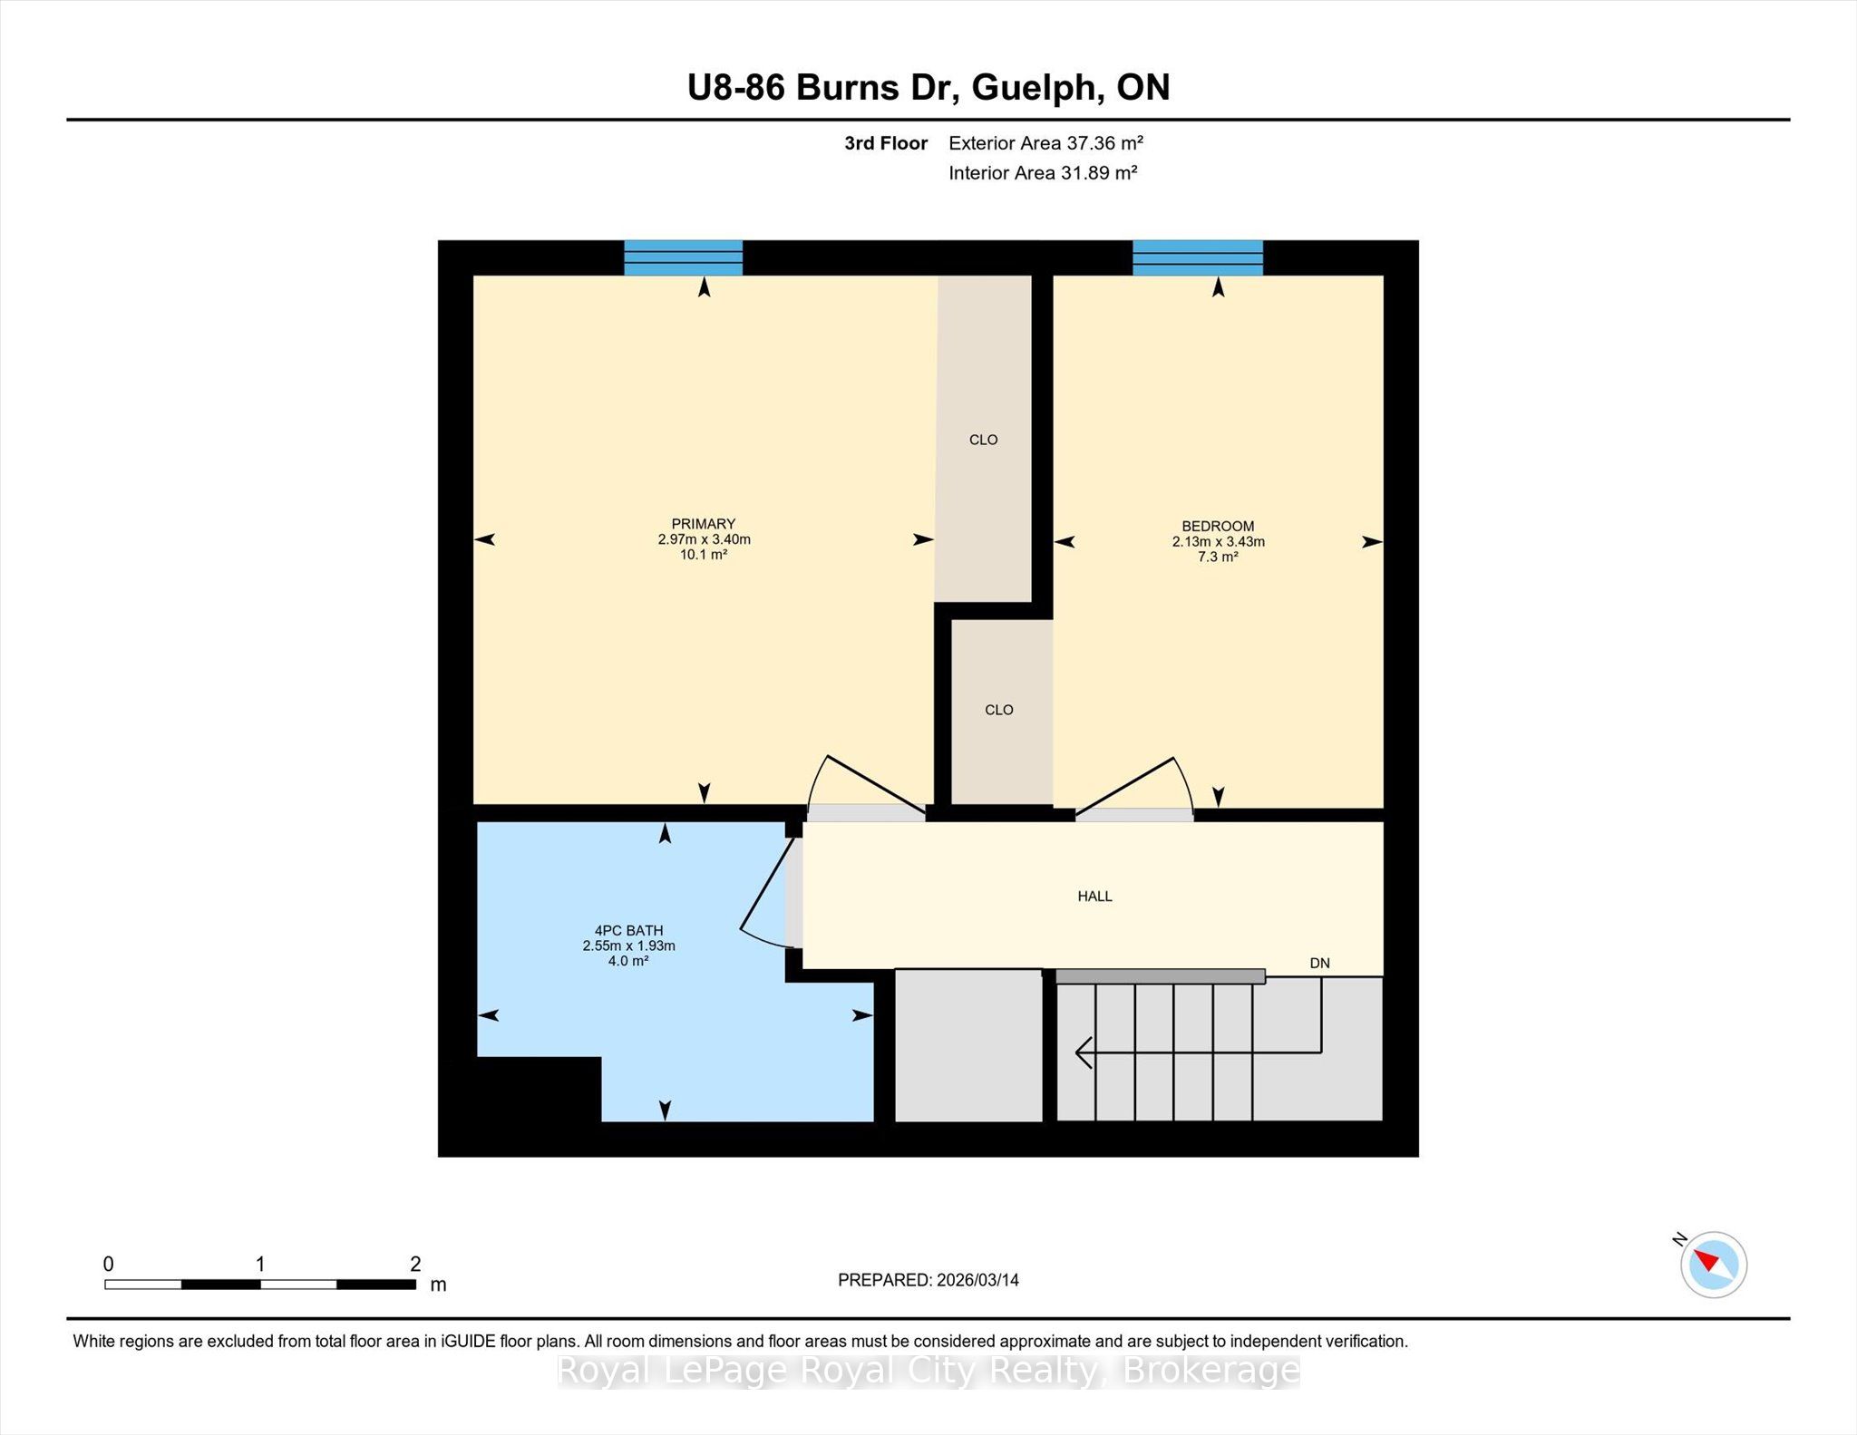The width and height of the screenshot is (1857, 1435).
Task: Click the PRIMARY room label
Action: pyautogui.click(x=703, y=524)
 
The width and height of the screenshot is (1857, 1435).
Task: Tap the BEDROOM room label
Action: pyautogui.click(x=1218, y=527)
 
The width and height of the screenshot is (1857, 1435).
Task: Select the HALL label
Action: pyautogui.click(x=1094, y=897)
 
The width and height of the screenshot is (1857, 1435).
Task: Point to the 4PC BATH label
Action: pyautogui.click(x=628, y=931)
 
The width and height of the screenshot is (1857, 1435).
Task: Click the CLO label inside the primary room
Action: pyautogui.click(x=983, y=440)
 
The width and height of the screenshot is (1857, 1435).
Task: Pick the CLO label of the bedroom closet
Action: pyautogui.click(x=998, y=710)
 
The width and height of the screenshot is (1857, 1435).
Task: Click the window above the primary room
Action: pyautogui.click(x=684, y=257)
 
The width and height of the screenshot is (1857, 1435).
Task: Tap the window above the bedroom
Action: pyautogui.click(x=1198, y=257)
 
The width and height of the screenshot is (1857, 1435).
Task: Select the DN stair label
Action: pyautogui.click(x=1319, y=964)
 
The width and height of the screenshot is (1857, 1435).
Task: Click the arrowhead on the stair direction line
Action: pyautogui.click(x=1082, y=1052)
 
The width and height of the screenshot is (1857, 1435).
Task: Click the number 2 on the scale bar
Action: pyautogui.click(x=415, y=1264)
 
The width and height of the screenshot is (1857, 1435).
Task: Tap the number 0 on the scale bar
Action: pyautogui.click(x=109, y=1264)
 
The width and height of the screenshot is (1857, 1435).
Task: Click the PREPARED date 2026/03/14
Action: pyautogui.click(x=977, y=1280)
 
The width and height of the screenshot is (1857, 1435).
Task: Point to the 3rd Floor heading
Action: pyautogui.click(x=886, y=143)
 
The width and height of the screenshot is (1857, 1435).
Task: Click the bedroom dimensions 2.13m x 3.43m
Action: pyautogui.click(x=1218, y=542)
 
